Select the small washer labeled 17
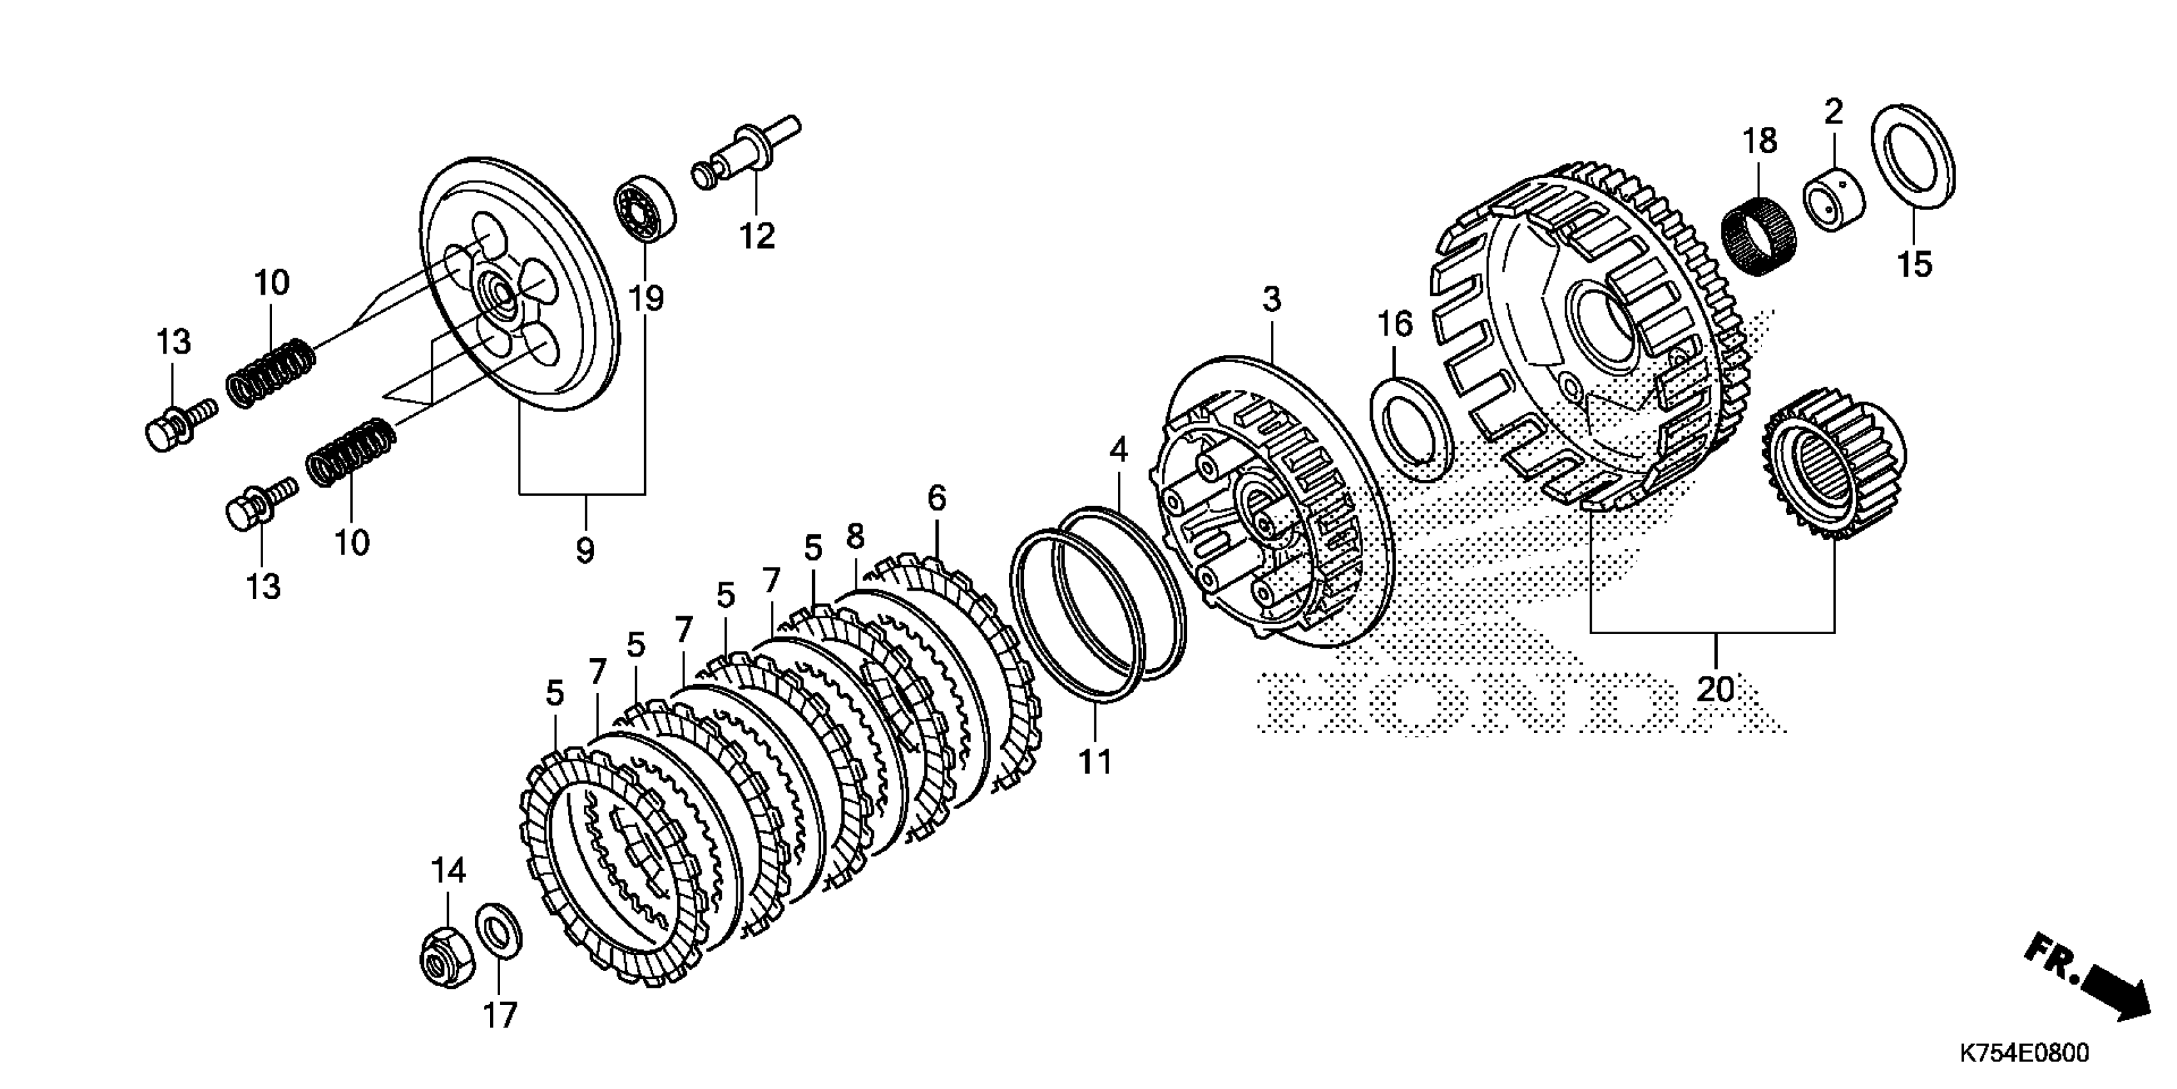pyautogui.click(x=499, y=938)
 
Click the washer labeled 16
pyautogui.click(x=1411, y=430)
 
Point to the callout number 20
pyautogui.click(x=1715, y=689)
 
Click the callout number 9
pyautogui.click(x=585, y=550)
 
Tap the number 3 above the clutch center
pyautogui.click(x=1272, y=299)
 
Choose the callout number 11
pyautogui.click(x=1096, y=762)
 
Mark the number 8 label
pyautogui.click(x=855, y=536)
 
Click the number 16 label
pyautogui.click(x=1395, y=324)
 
